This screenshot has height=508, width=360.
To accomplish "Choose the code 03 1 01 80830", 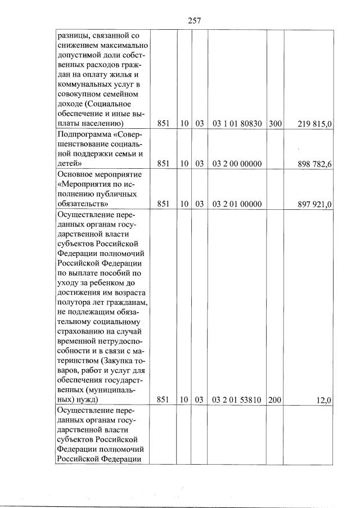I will (237, 124).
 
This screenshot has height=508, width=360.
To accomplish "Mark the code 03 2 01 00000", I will (237, 204).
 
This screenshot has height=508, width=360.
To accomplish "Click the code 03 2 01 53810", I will (237, 399).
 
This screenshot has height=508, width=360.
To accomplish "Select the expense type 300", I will (275, 124).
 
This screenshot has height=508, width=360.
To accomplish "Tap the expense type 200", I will (275, 399).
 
